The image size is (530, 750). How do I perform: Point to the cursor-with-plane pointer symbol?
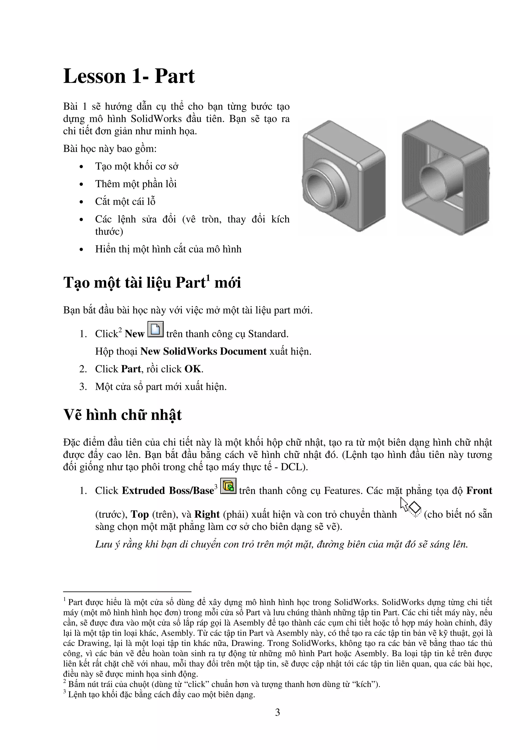pos(410,508)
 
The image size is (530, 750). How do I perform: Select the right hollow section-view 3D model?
pos(445,177)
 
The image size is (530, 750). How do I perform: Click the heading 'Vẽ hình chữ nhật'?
pos(122,415)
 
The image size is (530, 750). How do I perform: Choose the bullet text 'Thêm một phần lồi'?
pos(136,184)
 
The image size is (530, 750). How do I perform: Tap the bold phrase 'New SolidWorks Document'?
pos(203,351)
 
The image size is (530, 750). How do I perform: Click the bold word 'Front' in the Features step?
pos(479,491)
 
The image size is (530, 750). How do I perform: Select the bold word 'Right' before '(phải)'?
pos(207,514)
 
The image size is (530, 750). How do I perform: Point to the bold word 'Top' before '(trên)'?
pos(140,514)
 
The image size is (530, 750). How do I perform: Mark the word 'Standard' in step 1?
pos(267,334)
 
